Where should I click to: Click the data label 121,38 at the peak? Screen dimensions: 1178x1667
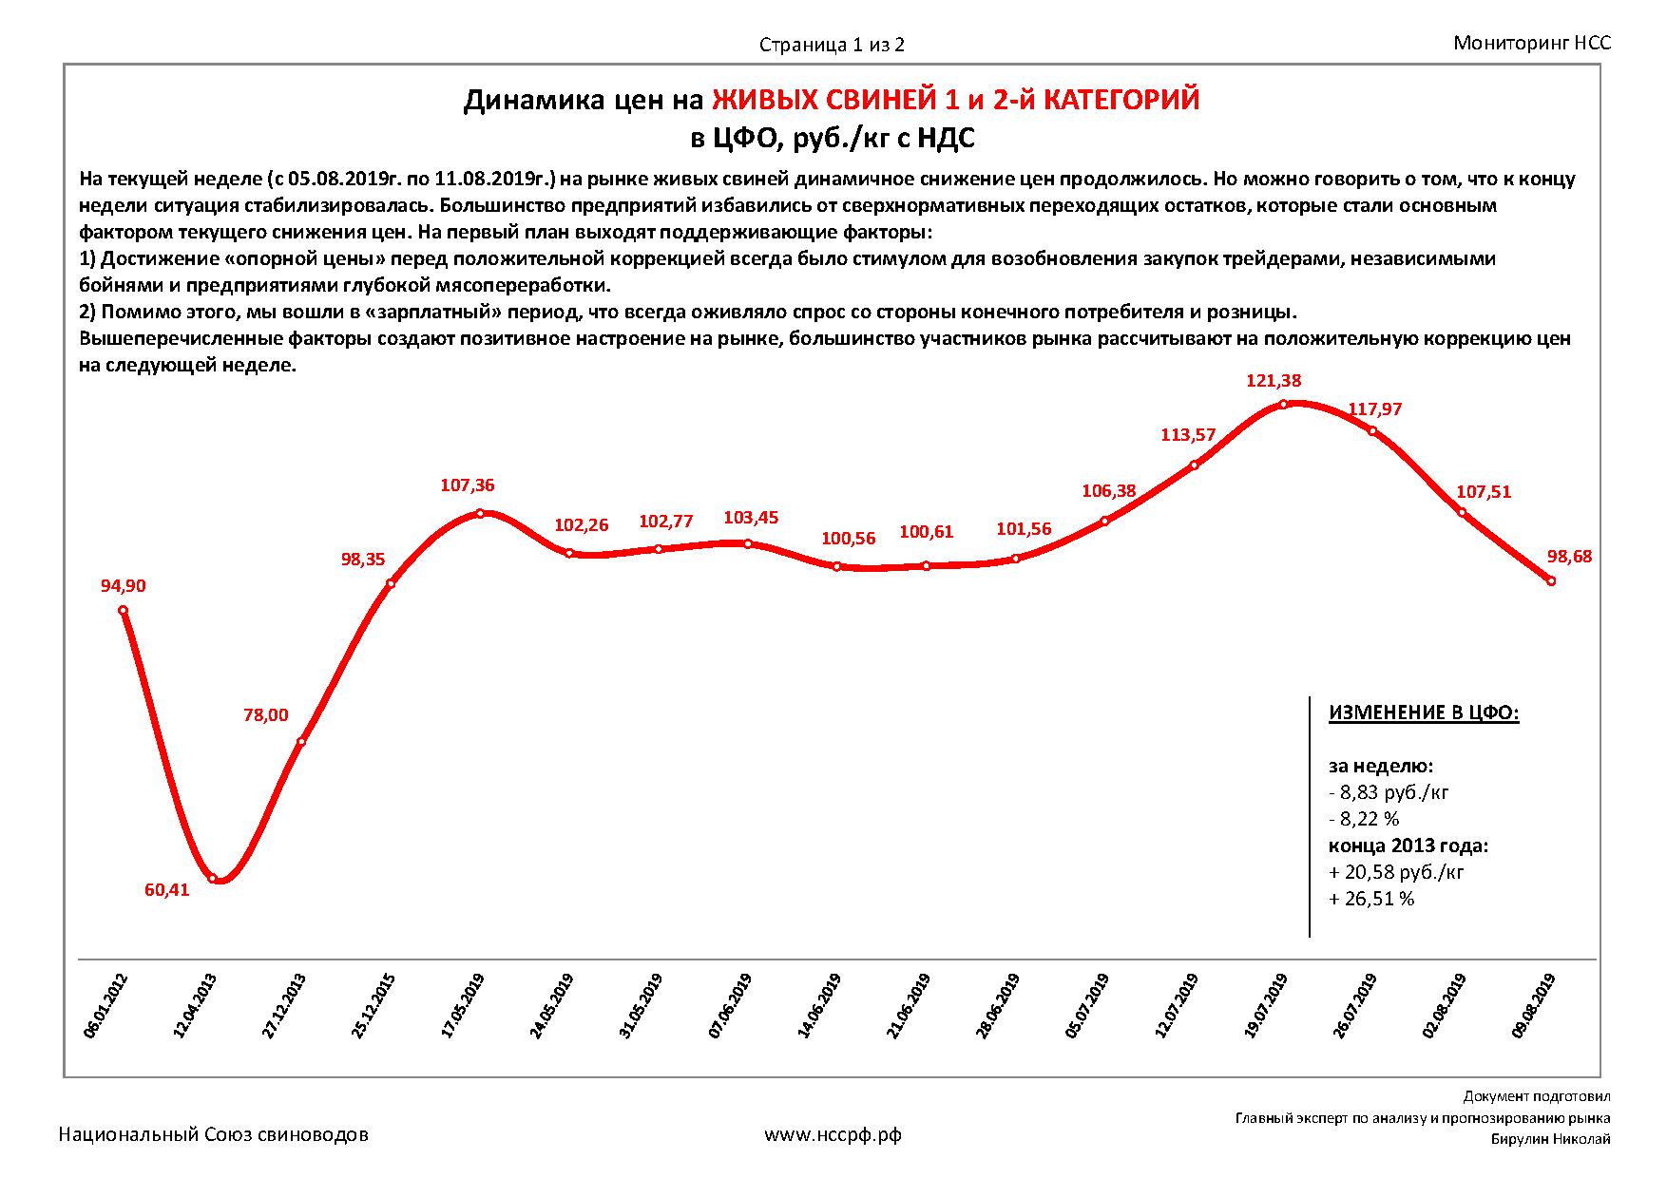(x=1273, y=381)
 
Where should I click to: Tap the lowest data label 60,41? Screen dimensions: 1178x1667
(x=166, y=890)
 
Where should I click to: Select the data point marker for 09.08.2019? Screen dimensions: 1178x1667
(x=1551, y=580)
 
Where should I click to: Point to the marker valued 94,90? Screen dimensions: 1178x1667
(x=124, y=610)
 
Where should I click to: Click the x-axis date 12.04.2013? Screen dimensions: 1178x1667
(x=195, y=1006)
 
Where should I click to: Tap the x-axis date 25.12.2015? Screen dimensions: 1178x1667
(x=374, y=1006)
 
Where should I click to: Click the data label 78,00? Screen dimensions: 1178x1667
(x=265, y=715)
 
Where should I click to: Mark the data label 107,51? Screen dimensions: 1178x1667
(x=1483, y=492)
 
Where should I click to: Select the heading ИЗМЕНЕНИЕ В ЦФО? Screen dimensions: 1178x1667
(x=1423, y=713)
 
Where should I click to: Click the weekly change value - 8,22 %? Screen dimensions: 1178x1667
(x=1364, y=819)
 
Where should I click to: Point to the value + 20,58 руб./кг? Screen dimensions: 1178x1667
(x=1396, y=872)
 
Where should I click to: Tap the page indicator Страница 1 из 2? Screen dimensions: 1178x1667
(x=832, y=45)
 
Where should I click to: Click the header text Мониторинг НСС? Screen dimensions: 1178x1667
(x=1532, y=43)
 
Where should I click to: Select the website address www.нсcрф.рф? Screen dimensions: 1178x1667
(x=833, y=1134)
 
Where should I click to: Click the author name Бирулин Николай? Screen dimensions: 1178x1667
(x=1550, y=1140)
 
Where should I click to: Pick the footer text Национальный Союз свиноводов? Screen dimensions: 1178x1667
(x=214, y=1134)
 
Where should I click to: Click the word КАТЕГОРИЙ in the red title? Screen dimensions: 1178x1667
(x=1121, y=100)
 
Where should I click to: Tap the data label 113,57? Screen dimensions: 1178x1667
(x=1188, y=435)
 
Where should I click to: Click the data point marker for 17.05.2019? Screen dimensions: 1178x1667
(x=480, y=513)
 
